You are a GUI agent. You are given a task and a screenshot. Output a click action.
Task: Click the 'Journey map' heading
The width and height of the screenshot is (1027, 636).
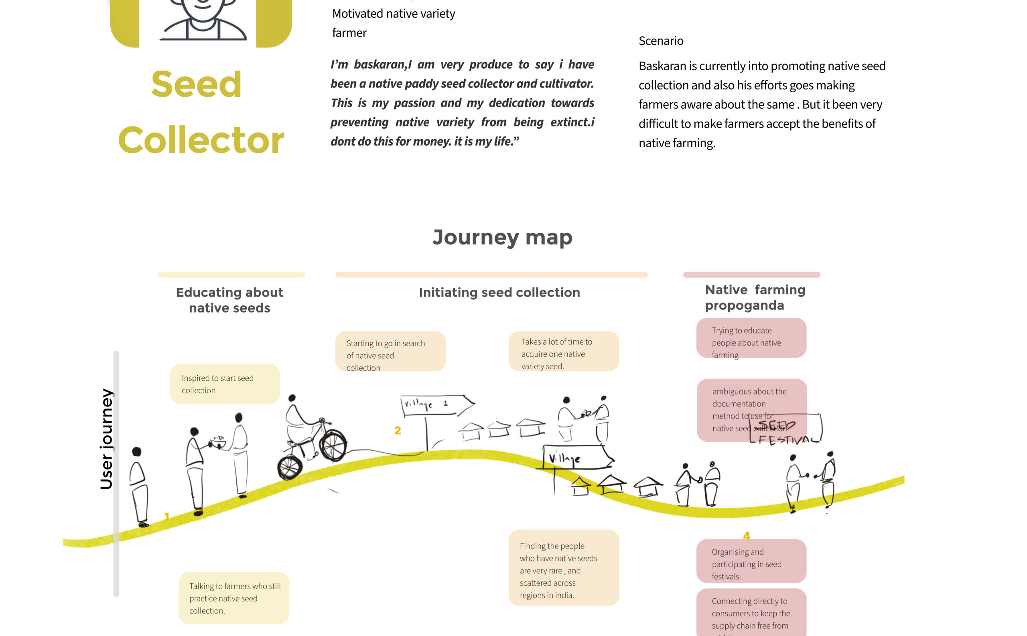(502, 237)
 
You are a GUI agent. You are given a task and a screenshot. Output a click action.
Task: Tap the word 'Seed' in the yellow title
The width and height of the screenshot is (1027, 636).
(196, 84)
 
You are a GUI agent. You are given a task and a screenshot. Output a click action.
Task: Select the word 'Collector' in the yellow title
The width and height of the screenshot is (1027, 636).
(201, 140)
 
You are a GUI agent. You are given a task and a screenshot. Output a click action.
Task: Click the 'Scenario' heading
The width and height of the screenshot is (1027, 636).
(661, 41)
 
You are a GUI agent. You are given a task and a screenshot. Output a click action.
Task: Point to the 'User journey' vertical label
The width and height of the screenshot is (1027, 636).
(106, 439)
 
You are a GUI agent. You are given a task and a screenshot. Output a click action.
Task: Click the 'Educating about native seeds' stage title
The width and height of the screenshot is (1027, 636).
(229, 300)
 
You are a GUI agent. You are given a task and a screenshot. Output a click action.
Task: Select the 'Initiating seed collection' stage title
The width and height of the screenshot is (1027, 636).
(499, 293)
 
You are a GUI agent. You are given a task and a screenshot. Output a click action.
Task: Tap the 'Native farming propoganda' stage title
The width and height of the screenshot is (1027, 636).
(755, 297)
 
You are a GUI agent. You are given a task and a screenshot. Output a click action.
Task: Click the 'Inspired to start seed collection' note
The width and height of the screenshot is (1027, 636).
(225, 384)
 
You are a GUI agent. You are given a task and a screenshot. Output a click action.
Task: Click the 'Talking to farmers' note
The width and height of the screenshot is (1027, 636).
(234, 598)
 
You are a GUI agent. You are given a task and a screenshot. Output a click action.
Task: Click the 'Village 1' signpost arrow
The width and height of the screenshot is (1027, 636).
(437, 405)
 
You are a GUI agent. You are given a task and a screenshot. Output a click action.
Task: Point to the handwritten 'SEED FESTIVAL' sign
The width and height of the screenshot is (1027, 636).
(785, 431)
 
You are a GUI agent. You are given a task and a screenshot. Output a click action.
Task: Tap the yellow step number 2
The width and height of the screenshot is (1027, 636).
(398, 430)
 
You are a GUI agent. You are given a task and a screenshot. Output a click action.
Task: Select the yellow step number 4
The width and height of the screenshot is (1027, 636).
(747, 535)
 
